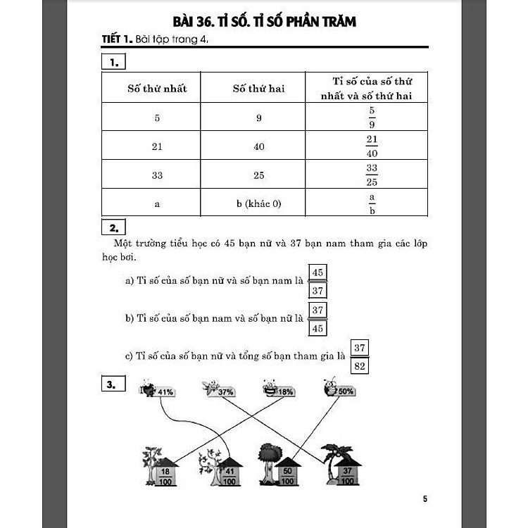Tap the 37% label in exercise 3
[x=225, y=391]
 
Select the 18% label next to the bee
[x=285, y=391]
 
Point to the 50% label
[x=345, y=391]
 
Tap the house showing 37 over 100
[x=346, y=472]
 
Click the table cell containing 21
[x=157, y=146]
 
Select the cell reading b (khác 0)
[x=258, y=204]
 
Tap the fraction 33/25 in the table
[x=372, y=175]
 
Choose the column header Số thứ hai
[x=258, y=89]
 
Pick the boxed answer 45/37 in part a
[x=318, y=281]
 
